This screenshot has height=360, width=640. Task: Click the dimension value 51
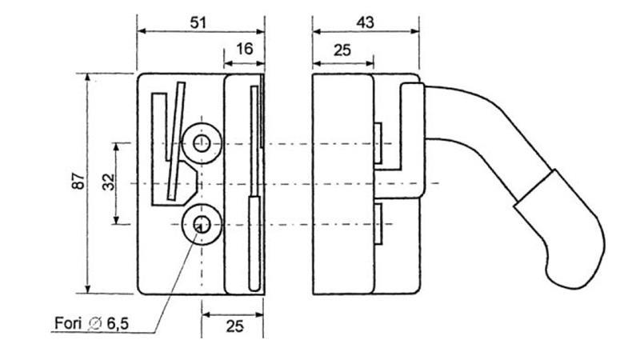[198, 22]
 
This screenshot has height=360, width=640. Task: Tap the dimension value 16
[244, 49]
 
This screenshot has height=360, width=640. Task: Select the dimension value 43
[365, 22]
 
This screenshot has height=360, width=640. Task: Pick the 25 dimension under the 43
[342, 49]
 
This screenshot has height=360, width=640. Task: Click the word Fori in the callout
[67, 323]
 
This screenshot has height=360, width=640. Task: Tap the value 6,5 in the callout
[116, 323]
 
